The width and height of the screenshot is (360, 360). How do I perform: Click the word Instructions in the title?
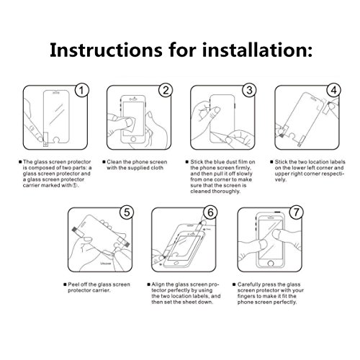[106, 50]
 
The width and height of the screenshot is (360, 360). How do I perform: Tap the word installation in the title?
[254, 50]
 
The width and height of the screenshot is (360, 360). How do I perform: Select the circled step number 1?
[82, 90]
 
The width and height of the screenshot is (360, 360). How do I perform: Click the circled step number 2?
[166, 90]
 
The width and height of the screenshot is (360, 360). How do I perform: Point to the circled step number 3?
[249, 90]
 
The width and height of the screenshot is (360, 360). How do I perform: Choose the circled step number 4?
[333, 90]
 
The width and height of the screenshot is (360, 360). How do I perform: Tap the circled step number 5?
[127, 212]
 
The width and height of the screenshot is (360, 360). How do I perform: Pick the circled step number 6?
[210, 212]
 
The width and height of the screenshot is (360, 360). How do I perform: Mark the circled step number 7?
[296, 212]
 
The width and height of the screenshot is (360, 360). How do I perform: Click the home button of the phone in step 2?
[133, 139]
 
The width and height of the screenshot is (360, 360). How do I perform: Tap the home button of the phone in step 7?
[271, 264]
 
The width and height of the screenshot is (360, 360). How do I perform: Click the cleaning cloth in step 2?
[130, 124]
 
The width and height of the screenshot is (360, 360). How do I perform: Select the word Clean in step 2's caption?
[114, 162]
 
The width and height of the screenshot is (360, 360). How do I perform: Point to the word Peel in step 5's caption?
[73, 284]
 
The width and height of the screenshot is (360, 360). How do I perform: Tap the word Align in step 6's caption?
[158, 284]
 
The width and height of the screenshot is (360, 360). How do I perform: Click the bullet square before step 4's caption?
[271, 162]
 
